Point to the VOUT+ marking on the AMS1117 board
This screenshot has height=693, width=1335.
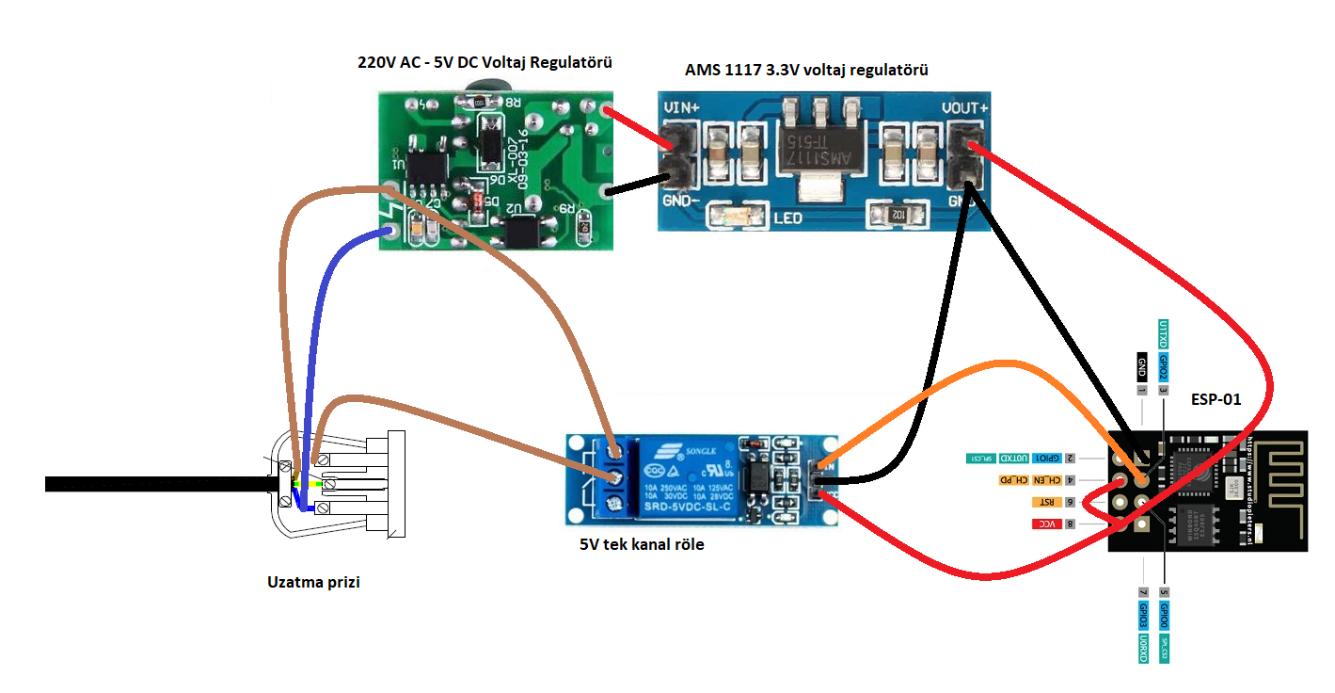tap(964, 108)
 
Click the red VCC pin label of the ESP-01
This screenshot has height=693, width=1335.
tap(1046, 523)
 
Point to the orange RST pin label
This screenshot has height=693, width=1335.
tap(1047, 502)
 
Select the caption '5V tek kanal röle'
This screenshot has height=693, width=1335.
tap(642, 544)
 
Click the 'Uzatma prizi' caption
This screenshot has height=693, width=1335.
tap(313, 582)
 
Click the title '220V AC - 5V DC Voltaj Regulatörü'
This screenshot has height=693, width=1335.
tap(485, 63)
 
